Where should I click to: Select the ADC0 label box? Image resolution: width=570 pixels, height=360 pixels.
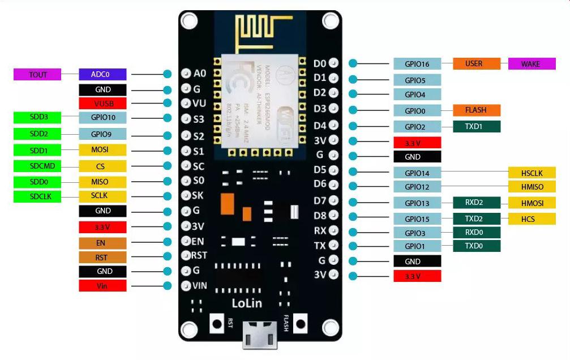point(102,74)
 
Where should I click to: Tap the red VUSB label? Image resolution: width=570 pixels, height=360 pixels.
point(102,104)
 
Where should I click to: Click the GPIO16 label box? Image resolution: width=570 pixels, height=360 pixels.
point(417,64)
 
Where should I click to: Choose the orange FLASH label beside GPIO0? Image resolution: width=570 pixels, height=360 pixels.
point(476,110)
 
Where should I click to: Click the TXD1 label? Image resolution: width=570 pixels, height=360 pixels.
point(476,127)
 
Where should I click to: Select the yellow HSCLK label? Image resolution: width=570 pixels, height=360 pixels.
point(532,173)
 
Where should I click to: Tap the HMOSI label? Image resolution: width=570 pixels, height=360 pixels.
point(532,203)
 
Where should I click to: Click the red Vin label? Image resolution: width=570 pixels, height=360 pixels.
point(102,286)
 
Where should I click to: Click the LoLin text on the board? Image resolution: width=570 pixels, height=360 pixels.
point(247,303)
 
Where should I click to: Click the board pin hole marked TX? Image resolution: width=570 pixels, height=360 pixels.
point(333,246)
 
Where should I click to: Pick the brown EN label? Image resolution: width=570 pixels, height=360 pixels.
point(102,243)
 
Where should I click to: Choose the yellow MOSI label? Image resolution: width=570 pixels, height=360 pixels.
point(102,150)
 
